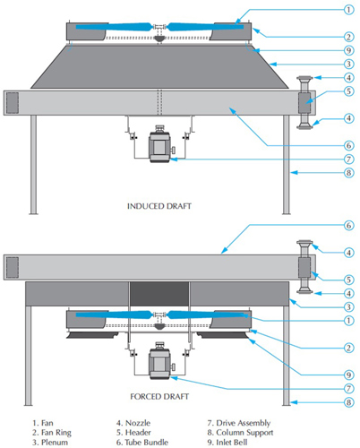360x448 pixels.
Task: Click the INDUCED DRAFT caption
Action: (159, 206)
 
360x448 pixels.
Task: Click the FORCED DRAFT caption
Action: (159, 396)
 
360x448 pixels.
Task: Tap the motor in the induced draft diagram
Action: (159, 144)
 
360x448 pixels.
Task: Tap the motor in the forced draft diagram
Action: (159, 361)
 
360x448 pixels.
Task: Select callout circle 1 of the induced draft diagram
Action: (348, 10)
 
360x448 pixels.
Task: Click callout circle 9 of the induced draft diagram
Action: (348, 50)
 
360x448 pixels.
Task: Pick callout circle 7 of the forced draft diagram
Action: (348, 389)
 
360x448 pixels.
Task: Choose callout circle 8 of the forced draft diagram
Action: (348, 402)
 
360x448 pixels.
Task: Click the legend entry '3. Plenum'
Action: (50, 442)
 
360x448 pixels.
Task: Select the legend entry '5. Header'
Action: (133, 433)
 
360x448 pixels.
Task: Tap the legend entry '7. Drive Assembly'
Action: (239, 423)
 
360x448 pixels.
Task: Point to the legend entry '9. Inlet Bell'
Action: (227, 442)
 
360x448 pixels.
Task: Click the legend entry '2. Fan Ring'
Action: (52, 433)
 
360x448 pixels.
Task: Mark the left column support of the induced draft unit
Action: (33, 165)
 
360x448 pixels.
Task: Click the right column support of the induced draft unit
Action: (287, 165)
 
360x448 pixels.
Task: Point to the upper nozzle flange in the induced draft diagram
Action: (304, 79)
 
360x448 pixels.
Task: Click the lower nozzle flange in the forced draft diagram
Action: (304, 291)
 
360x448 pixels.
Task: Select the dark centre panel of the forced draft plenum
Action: (159, 294)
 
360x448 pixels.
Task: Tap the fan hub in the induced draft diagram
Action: (159, 27)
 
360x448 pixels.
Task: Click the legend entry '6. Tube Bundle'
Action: (142, 442)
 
